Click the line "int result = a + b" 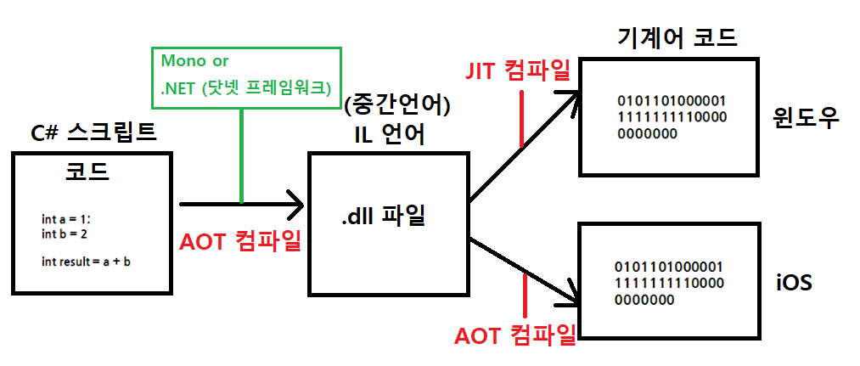point(86,261)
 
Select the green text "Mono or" point(195,62)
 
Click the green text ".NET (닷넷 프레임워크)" point(244,89)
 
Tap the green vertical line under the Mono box point(243,156)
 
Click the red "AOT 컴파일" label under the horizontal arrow point(241,242)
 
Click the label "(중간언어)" point(398,106)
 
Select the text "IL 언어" point(391,134)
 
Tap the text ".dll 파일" point(383,216)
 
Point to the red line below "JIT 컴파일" point(521,118)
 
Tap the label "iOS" point(795,281)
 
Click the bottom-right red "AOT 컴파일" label point(515,335)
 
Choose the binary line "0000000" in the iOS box point(647,299)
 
